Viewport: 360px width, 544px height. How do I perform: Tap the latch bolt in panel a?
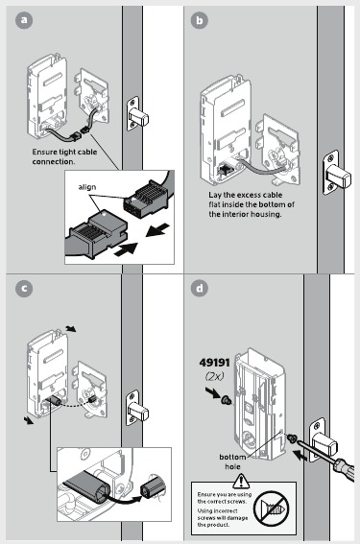pos(141,118)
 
